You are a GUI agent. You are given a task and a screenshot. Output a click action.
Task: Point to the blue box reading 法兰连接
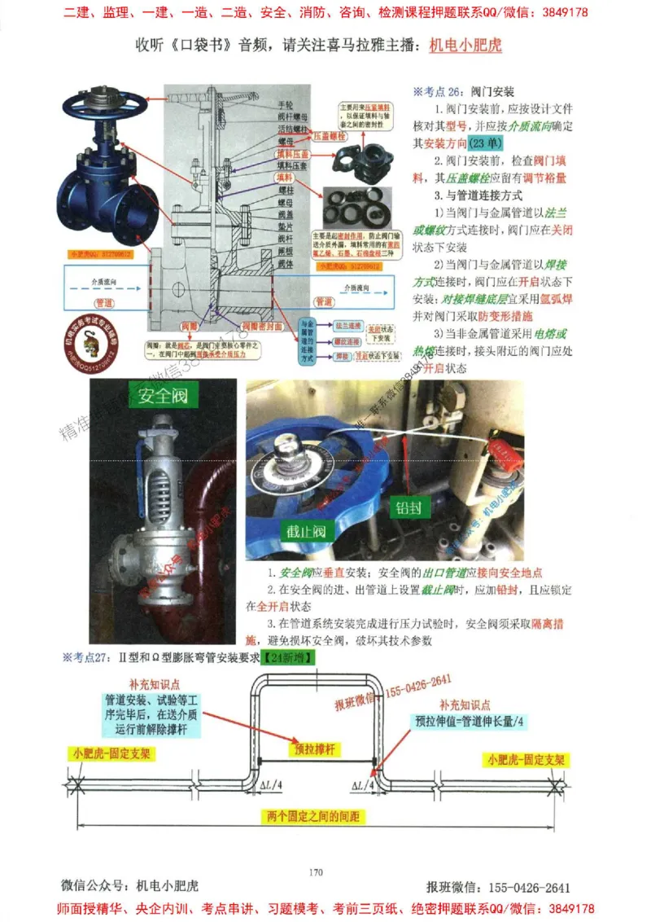(x=343, y=324)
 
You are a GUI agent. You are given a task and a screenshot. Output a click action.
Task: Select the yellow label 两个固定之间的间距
(x=312, y=816)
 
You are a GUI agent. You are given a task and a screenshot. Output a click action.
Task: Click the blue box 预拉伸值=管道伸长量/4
(x=470, y=722)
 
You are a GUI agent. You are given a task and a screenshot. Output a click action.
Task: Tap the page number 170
(x=317, y=872)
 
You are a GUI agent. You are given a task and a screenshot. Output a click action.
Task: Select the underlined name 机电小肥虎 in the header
(x=465, y=46)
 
